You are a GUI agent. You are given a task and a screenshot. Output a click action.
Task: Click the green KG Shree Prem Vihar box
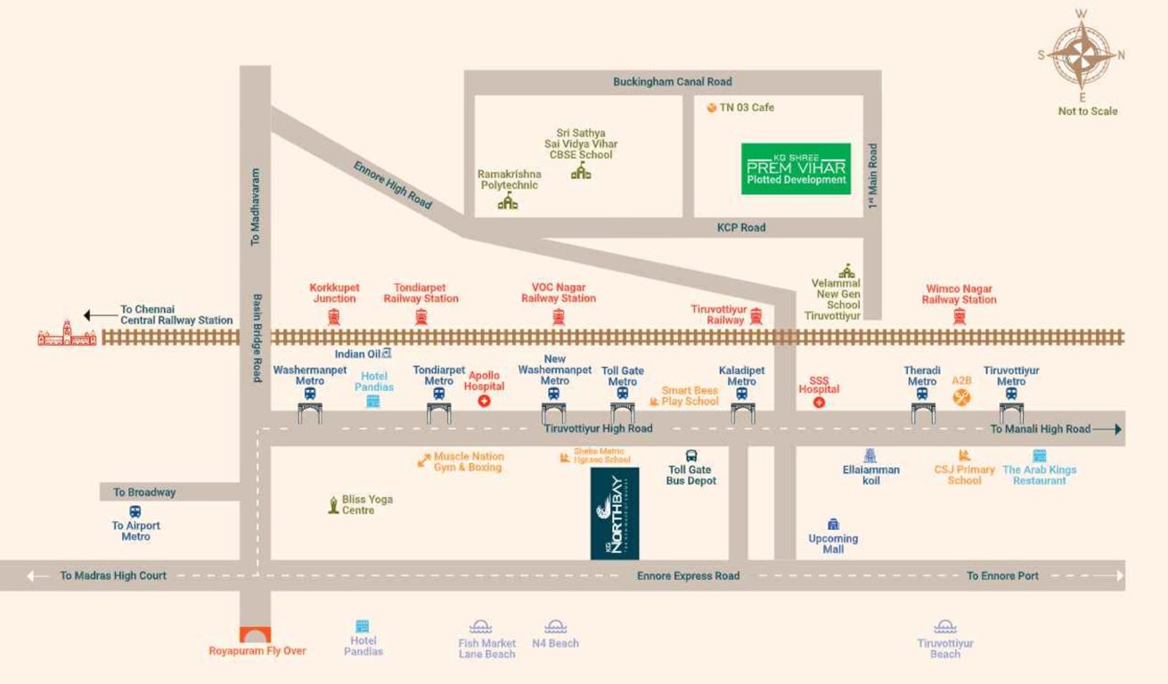click(796, 168)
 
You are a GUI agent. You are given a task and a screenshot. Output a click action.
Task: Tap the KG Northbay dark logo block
click(615, 513)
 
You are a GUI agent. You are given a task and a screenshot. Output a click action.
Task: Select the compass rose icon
click(1082, 54)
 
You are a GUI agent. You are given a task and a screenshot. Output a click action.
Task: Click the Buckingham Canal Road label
click(672, 82)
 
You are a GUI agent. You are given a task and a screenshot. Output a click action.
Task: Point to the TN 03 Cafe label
click(747, 108)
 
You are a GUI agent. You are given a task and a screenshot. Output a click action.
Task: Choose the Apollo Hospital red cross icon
click(485, 402)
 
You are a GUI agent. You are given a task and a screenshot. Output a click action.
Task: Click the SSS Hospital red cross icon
click(819, 403)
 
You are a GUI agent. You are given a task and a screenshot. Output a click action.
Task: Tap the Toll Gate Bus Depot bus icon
click(691, 456)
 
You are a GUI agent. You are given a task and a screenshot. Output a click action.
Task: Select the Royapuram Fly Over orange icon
click(257, 635)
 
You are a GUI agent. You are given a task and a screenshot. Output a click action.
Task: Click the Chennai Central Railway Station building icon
click(67, 334)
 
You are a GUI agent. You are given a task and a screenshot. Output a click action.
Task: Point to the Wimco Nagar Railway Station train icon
click(960, 316)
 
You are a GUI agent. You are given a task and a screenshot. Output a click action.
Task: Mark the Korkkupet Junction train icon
click(334, 316)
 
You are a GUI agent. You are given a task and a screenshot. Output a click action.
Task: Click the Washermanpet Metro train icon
click(310, 394)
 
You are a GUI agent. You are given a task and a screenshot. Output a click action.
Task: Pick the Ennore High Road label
click(393, 185)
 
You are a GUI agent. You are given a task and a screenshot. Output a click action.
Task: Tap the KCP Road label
click(741, 228)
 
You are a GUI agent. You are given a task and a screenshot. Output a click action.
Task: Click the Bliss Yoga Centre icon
click(332, 505)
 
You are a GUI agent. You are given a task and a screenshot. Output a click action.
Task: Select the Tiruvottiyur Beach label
click(945, 648)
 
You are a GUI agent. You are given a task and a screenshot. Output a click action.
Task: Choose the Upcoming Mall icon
click(833, 525)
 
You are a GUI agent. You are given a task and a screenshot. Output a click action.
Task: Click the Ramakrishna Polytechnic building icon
click(508, 202)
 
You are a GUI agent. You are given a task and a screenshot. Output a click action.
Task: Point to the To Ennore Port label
click(1002, 576)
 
